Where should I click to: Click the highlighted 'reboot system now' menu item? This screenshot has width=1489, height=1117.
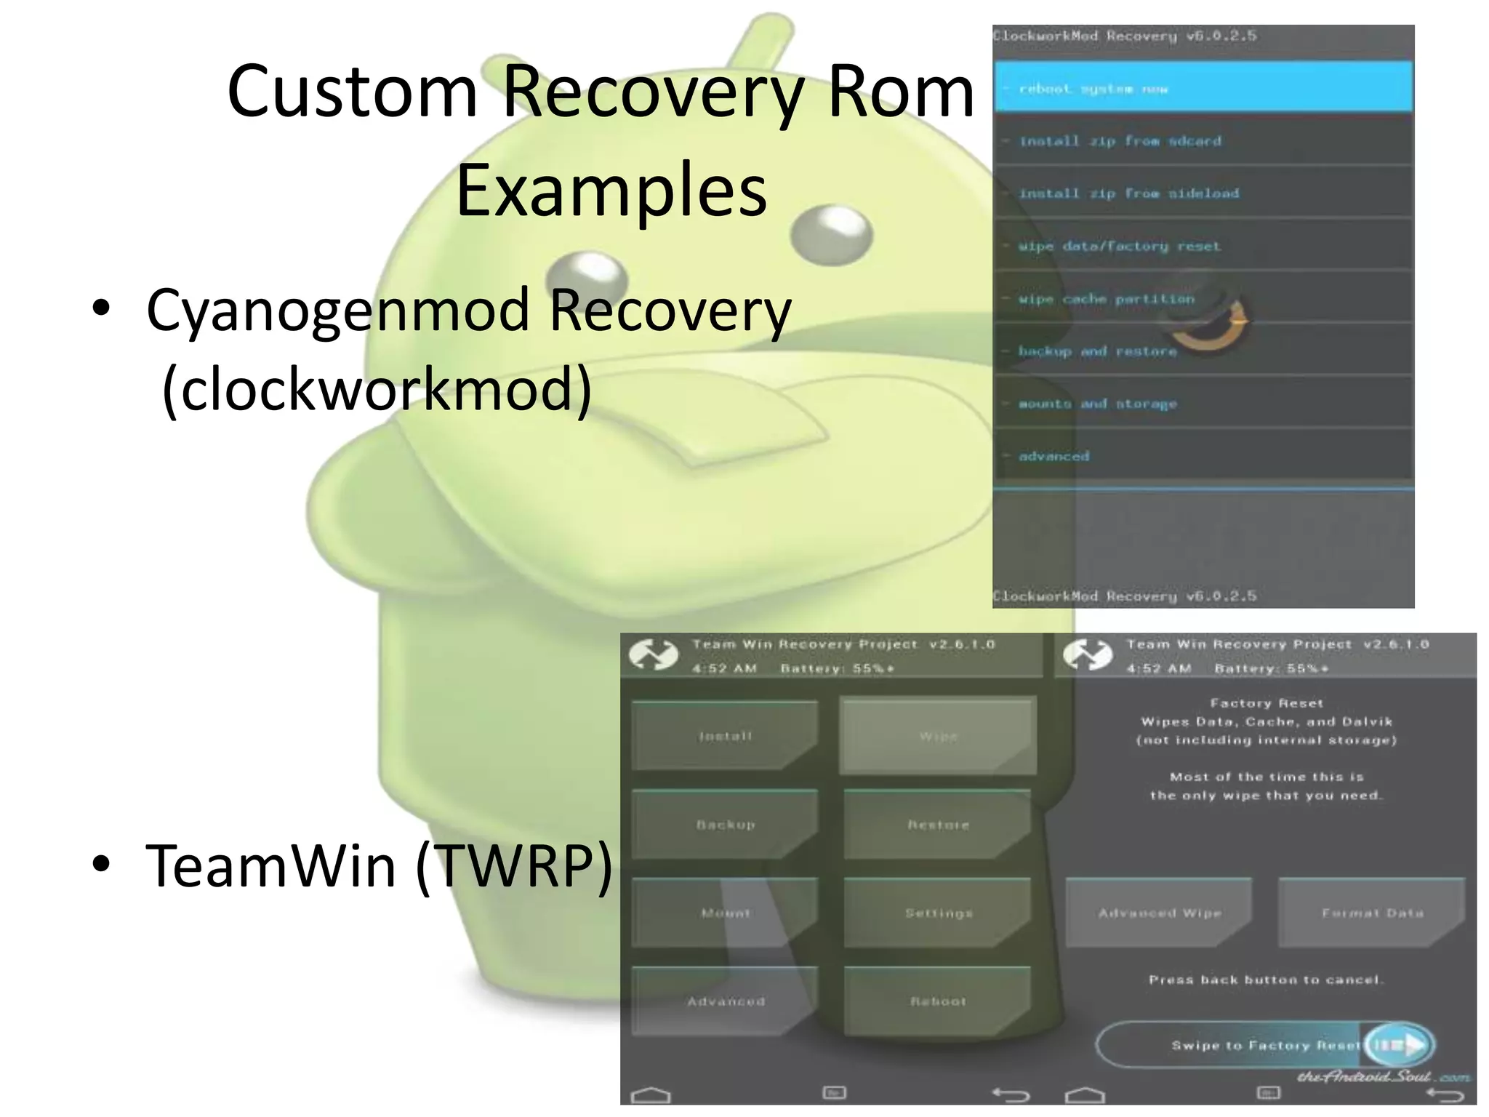click(1203, 88)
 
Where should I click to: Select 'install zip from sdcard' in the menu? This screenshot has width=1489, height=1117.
click(1203, 141)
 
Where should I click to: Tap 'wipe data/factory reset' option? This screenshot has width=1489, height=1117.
click(1203, 246)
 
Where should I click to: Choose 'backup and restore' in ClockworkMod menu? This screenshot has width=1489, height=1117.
click(1203, 351)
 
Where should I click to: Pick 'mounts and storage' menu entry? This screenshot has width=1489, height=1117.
click(1203, 404)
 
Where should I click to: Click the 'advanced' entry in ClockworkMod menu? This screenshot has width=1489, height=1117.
click(1203, 456)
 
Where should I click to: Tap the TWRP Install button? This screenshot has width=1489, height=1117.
click(725, 736)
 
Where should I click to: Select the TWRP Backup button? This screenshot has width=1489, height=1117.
click(725, 825)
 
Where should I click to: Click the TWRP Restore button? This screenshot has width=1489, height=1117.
click(938, 825)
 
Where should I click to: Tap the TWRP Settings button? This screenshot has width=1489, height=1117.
click(938, 913)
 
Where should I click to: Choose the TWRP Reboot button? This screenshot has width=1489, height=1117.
click(938, 1001)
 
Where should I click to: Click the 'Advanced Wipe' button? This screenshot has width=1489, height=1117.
click(1159, 913)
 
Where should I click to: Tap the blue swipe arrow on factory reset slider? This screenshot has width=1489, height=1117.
click(1399, 1045)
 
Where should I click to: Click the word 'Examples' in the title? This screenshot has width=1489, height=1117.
click(611, 191)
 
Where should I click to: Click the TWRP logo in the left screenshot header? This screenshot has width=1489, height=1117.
click(653, 654)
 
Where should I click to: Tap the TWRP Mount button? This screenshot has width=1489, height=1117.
click(725, 913)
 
